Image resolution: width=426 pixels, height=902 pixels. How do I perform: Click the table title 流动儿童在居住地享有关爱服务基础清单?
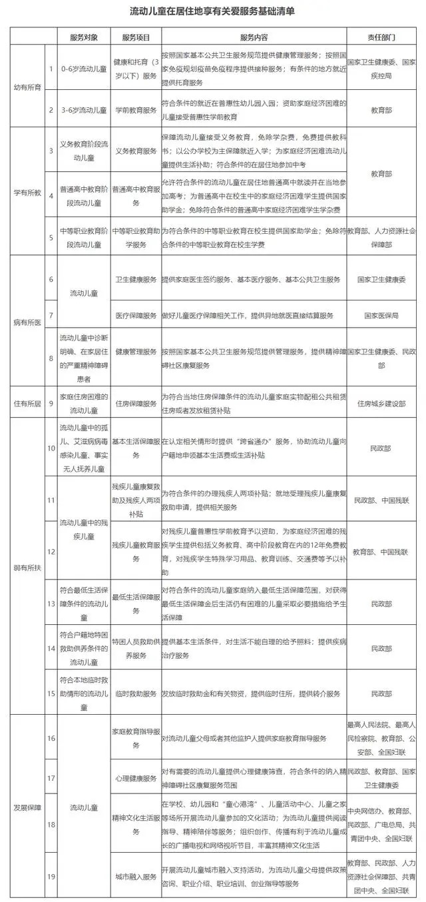pyautogui.click(x=213, y=11)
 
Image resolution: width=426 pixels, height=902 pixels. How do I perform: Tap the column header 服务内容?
pyautogui.click(x=253, y=35)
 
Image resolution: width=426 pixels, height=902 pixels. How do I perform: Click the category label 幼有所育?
pyautogui.click(x=27, y=87)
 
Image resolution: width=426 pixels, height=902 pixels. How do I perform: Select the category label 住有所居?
pyautogui.click(x=27, y=403)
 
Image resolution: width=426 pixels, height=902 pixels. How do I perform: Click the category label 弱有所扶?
pyautogui.click(x=27, y=567)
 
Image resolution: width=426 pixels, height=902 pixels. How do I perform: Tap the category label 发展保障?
pyautogui.click(x=27, y=807)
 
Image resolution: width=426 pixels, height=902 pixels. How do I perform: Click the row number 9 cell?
pyautogui.click(x=51, y=403)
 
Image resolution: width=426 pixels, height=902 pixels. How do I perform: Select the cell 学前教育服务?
pyautogui.click(x=136, y=109)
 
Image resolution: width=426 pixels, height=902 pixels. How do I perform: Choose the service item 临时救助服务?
pyautogui.click(x=136, y=693)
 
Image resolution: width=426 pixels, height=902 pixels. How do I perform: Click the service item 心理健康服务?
pyautogui.click(x=136, y=777)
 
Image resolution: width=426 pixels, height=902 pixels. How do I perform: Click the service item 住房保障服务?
pyautogui.click(x=136, y=403)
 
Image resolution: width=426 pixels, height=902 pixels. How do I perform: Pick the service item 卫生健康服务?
pyautogui.click(x=136, y=280)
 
